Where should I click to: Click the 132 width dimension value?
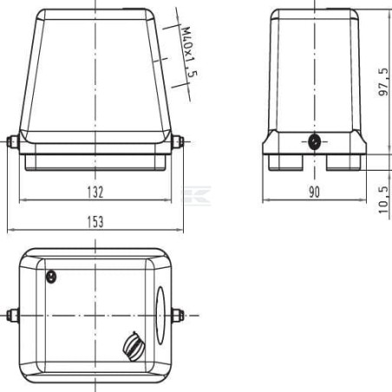pos(95,192)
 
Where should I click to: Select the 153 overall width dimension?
pos(95,222)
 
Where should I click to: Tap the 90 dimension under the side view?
pos(314,192)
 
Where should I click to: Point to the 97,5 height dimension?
pos(383,82)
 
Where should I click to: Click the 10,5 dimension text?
pos(383,199)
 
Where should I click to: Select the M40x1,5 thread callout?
pos(190,52)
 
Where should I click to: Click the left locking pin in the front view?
pos(13,142)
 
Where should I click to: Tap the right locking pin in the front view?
pos(178,142)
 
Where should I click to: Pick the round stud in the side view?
pos(314,142)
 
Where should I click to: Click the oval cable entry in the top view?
pos(160,315)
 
